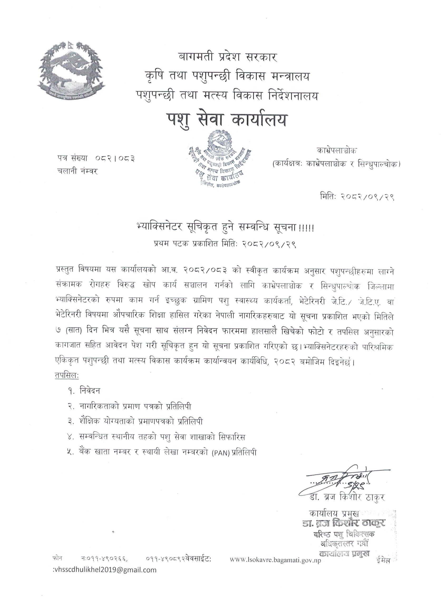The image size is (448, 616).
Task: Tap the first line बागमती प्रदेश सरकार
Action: coord(227,58)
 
